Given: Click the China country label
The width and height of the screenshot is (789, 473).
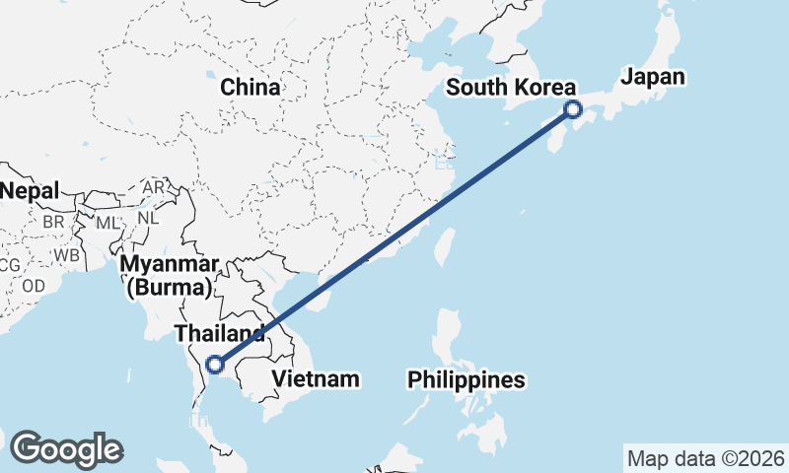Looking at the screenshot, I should coord(250,88).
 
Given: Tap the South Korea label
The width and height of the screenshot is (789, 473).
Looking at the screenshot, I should coord(510,87).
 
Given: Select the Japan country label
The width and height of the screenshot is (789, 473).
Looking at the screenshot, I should coord(652,76).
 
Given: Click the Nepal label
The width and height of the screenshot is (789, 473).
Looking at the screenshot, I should coord(30,190).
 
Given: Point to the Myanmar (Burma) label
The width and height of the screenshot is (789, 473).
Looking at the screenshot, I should coord(170,276).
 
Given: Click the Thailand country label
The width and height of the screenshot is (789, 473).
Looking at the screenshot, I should coord(219,333).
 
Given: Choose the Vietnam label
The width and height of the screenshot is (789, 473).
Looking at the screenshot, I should coord(316,378).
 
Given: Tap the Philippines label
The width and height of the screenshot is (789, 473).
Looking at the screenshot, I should coord(466,379).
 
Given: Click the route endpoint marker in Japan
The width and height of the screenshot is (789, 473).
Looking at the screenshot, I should coord(573,110).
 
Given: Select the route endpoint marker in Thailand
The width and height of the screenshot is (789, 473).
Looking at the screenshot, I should coord(215,366).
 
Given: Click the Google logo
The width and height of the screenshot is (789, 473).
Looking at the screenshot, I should coord(66,449).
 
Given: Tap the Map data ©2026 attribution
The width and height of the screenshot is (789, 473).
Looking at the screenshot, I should coord(705,458).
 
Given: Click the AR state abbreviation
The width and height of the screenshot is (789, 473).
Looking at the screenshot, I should coord(154,187).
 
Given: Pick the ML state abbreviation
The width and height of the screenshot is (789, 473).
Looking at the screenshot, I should coord(108,224).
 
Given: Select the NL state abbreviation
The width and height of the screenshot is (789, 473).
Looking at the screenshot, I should coord(148,218).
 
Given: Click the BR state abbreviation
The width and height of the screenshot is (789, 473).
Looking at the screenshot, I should coord(53,223).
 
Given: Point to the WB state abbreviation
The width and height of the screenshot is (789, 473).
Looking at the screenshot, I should coord(67,254).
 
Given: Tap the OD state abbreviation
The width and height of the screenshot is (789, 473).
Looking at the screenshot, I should coord(34,286).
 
